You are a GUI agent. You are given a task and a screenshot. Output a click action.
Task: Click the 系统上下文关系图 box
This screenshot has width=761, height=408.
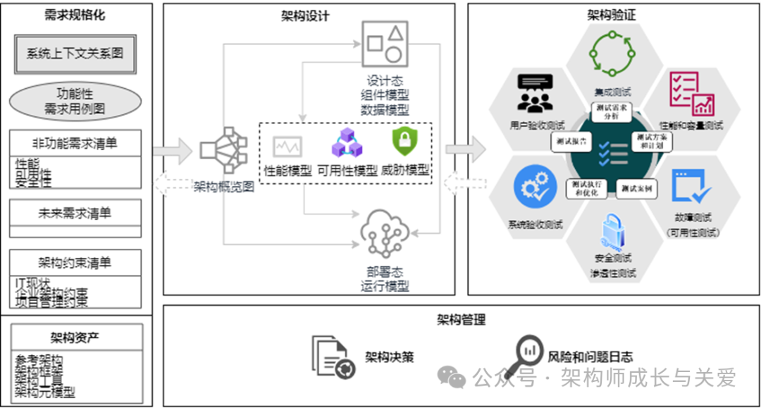point(75,54)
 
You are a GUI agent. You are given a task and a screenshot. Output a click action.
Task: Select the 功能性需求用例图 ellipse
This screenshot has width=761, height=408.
point(75,101)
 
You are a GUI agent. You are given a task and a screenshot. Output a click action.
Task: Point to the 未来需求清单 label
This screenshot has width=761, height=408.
point(75,212)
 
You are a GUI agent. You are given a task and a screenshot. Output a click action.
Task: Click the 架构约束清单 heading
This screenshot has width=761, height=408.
point(75,262)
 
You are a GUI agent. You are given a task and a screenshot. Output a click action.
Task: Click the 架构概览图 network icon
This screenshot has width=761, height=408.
point(224,150)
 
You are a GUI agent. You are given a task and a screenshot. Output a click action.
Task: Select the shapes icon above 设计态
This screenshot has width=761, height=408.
point(385,42)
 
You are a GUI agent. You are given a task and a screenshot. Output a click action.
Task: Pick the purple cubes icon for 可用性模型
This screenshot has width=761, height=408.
point(347,143)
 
